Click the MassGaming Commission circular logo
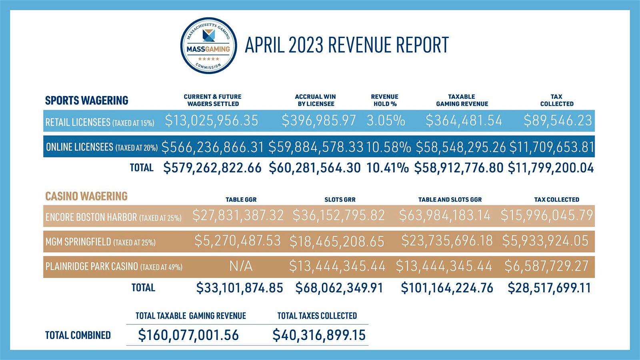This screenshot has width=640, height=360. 208,45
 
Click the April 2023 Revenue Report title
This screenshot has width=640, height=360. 346,45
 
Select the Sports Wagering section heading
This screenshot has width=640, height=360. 86,100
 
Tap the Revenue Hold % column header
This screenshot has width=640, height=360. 384,100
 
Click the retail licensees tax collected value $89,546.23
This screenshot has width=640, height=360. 558,121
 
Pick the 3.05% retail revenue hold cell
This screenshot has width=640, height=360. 386,121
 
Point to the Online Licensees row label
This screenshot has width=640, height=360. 102,147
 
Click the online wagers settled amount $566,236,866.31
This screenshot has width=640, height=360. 212,147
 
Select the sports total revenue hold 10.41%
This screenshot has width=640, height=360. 387,168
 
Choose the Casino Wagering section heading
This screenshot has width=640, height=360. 86,196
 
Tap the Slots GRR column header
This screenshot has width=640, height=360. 340,200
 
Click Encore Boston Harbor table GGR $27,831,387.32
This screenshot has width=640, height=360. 238,216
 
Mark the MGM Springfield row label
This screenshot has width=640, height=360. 100,242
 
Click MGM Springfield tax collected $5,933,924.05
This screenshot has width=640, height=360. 545,241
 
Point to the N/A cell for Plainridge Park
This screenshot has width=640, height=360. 241,266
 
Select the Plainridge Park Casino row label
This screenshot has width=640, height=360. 114,266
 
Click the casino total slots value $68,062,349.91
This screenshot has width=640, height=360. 339,288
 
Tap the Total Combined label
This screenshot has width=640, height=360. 78,335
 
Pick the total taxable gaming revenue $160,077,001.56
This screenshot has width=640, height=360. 188,335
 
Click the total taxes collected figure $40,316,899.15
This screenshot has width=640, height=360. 319,335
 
